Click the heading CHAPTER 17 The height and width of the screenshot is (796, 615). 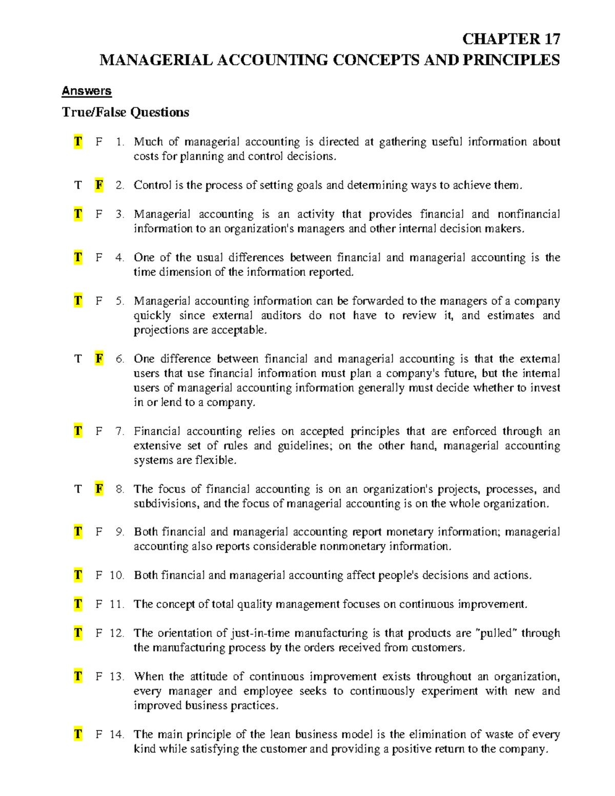click(x=510, y=39)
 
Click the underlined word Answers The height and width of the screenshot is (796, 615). click(x=86, y=91)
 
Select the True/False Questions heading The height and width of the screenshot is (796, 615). click(x=125, y=112)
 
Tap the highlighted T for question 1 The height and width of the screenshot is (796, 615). click(x=78, y=142)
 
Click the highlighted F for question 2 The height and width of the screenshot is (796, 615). click(x=99, y=185)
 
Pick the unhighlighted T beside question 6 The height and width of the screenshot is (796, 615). click(x=78, y=359)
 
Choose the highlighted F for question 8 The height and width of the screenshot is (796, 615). click(x=99, y=489)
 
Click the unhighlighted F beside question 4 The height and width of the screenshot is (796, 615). click(x=99, y=257)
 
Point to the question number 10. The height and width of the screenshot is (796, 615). click(x=117, y=576)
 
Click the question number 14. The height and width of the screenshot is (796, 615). click(x=117, y=734)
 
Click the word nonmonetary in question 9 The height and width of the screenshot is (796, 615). click(x=353, y=546)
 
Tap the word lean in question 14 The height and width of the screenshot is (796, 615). click(x=280, y=734)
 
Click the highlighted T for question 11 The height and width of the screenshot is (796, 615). click(x=78, y=604)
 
